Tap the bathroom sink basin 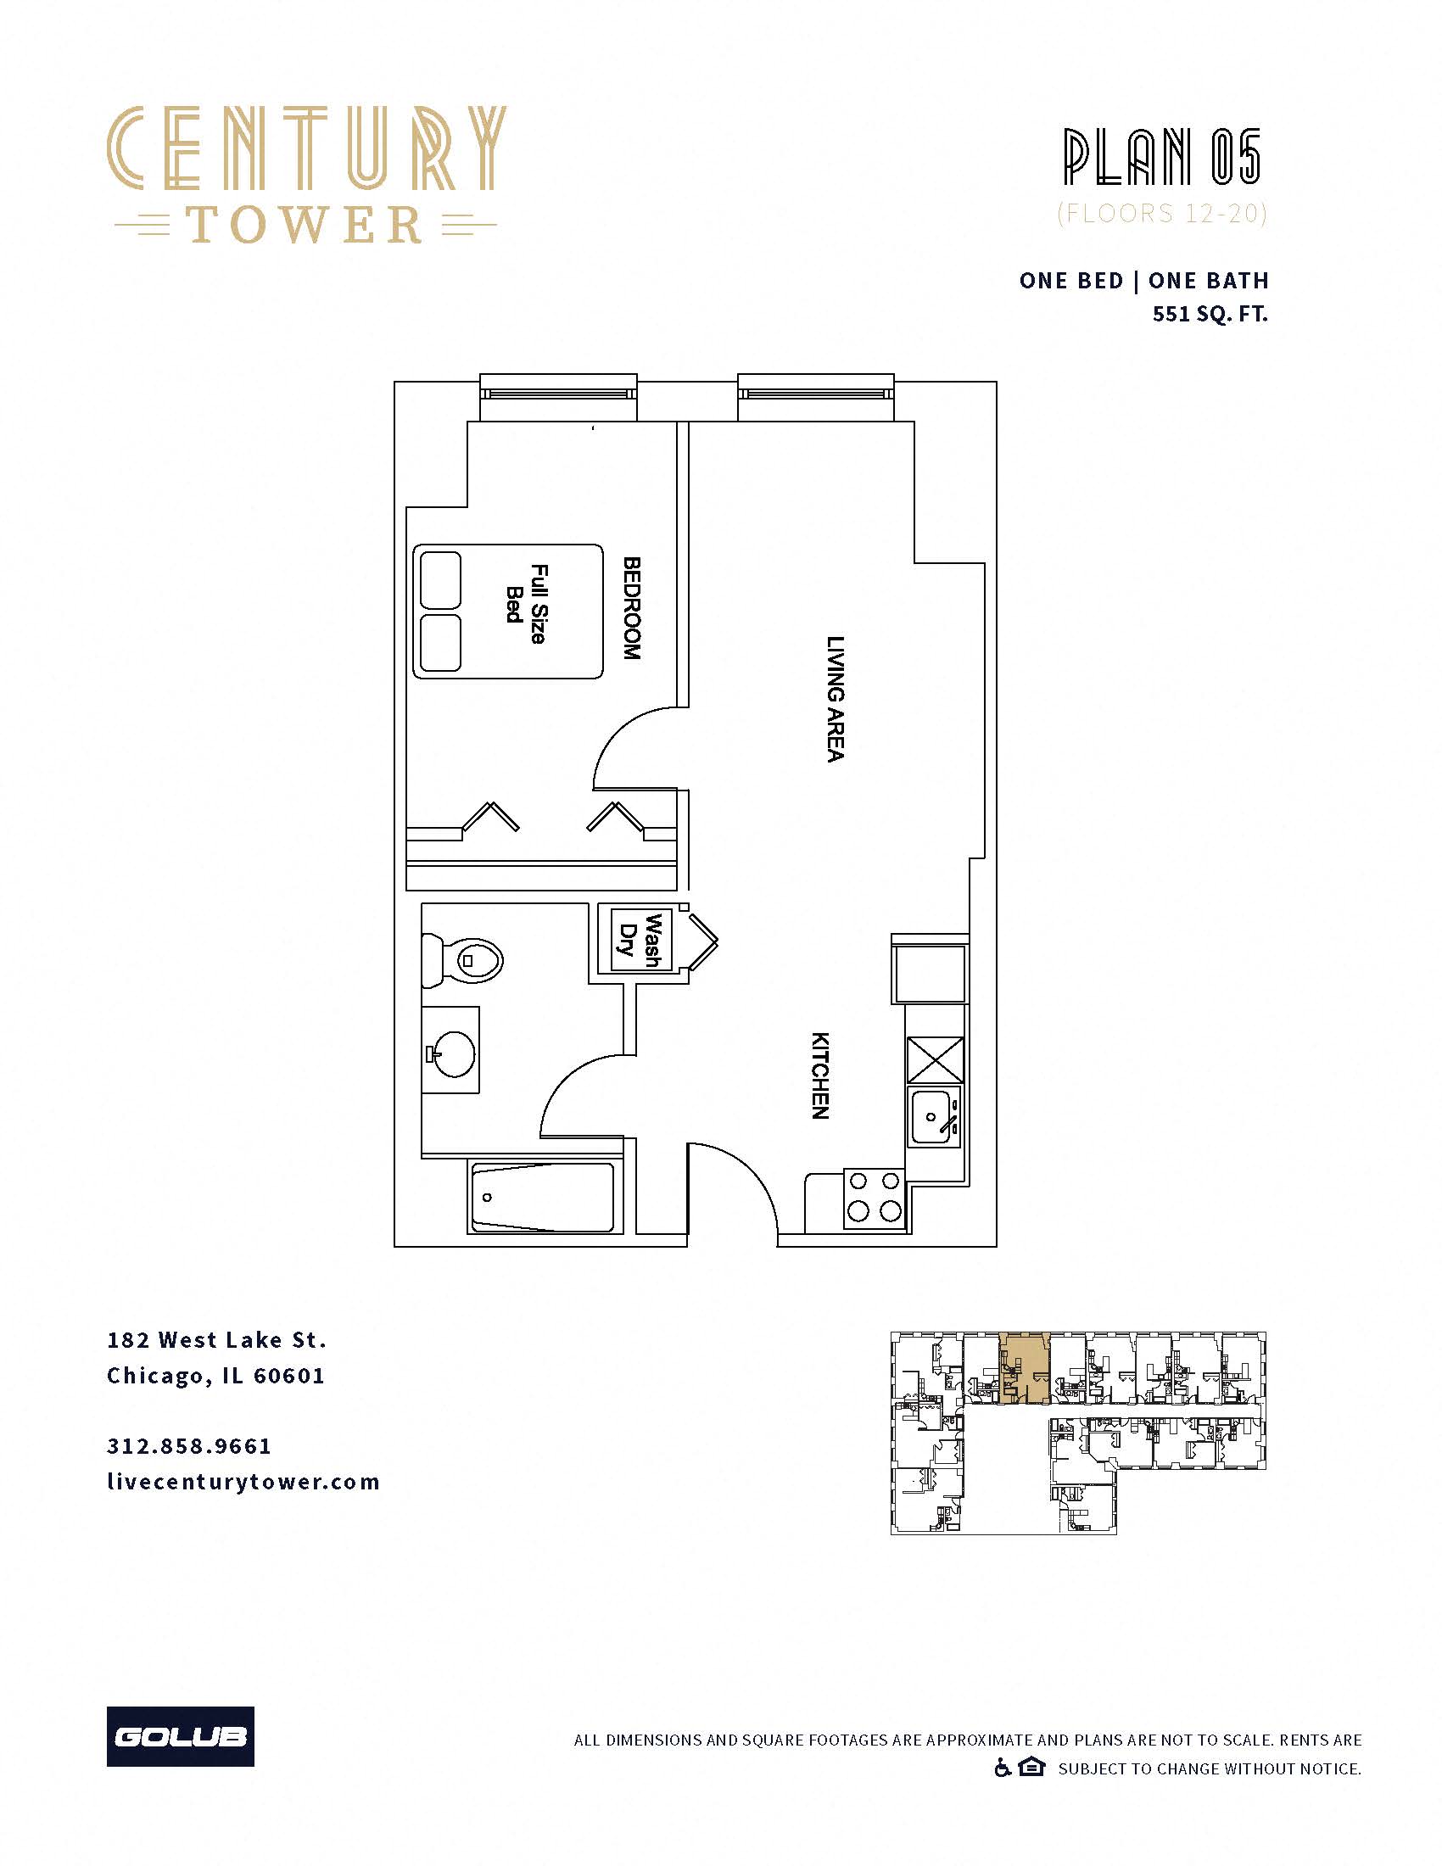[x=453, y=1053]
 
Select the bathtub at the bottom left [x=543, y=1197]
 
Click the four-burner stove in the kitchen [x=874, y=1197]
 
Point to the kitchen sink [x=933, y=1118]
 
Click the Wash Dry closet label [x=641, y=940]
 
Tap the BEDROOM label [x=631, y=607]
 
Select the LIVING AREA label [x=836, y=698]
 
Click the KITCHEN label [x=819, y=1075]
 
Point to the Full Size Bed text [x=526, y=603]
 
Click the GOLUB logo [x=180, y=1736]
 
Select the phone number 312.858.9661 [x=189, y=1445]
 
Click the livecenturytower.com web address [x=243, y=1482]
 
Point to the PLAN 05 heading [x=1162, y=157]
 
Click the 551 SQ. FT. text [x=1210, y=314]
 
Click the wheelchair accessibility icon [x=1003, y=1768]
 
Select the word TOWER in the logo [x=305, y=225]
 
